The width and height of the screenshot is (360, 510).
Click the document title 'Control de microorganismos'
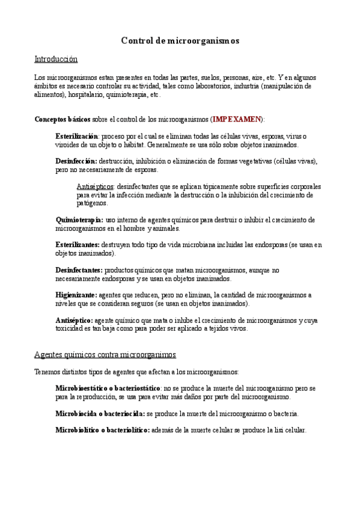[x=180, y=41]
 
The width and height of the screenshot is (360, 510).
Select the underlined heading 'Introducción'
[x=56, y=59]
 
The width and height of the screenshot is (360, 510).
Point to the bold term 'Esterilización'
[x=77, y=137]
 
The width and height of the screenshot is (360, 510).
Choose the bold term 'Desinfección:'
[x=76, y=161]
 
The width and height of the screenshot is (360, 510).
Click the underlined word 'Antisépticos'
[x=96, y=186]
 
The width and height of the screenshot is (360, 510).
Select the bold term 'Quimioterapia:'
[x=79, y=220]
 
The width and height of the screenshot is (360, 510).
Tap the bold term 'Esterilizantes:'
[x=78, y=245]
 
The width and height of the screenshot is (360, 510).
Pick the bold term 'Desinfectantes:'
[x=79, y=271]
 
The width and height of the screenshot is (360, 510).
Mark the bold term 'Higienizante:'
[x=76, y=295]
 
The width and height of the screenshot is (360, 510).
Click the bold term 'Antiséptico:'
[x=74, y=321]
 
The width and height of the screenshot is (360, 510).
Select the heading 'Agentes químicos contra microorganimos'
[x=105, y=355]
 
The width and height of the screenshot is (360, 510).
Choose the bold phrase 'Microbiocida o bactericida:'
[x=100, y=414]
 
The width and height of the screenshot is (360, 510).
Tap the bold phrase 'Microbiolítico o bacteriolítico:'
[x=103, y=431]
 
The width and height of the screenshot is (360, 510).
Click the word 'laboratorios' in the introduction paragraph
[x=201, y=86]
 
